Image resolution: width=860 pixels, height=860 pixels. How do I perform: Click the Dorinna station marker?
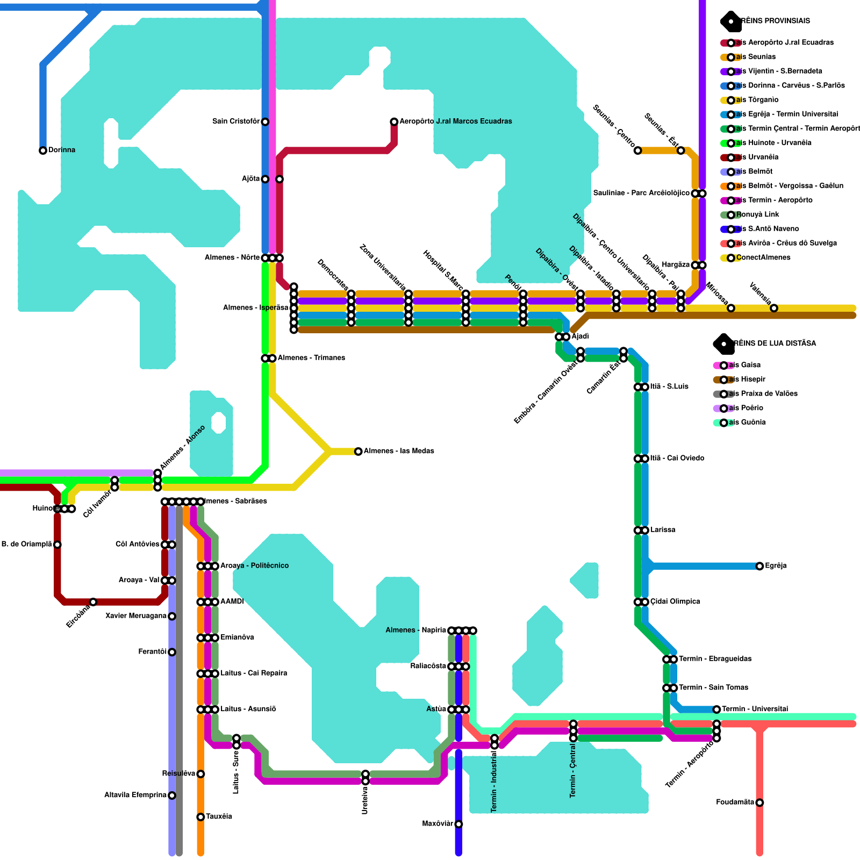click(x=43, y=150)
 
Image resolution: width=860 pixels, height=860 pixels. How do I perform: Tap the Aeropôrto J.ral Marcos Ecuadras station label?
click(x=455, y=121)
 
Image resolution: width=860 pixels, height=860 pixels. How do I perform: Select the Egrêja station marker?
click(x=759, y=566)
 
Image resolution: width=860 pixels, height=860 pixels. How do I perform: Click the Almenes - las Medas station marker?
click(x=359, y=451)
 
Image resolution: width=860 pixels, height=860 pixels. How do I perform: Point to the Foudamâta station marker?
click(x=759, y=802)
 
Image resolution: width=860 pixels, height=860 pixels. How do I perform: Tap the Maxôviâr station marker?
click(x=458, y=824)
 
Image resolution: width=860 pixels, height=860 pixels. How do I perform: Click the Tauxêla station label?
click(x=219, y=816)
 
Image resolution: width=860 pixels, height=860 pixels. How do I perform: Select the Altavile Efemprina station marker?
click(x=172, y=795)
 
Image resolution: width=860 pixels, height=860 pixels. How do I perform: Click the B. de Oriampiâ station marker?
click(x=58, y=544)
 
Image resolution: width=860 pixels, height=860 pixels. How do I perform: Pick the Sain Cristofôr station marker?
click(x=265, y=122)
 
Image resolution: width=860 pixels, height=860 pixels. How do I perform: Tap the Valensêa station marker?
click(x=774, y=308)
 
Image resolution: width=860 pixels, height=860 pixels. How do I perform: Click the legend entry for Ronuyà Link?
click(x=757, y=214)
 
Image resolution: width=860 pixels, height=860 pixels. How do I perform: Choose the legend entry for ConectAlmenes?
click(x=763, y=257)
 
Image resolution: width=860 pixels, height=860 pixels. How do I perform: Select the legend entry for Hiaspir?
click(x=746, y=379)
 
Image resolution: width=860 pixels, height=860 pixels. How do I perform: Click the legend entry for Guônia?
click(x=746, y=422)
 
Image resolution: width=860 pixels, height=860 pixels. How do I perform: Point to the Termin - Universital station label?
click(x=755, y=709)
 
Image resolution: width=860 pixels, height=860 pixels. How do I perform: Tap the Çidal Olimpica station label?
click(x=675, y=601)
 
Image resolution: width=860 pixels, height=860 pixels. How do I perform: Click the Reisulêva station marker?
click(x=200, y=774)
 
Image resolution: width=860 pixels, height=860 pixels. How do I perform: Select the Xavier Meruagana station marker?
click(x=172, y=616)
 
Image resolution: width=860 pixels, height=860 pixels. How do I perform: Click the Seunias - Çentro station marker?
click(x=637, y=150)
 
